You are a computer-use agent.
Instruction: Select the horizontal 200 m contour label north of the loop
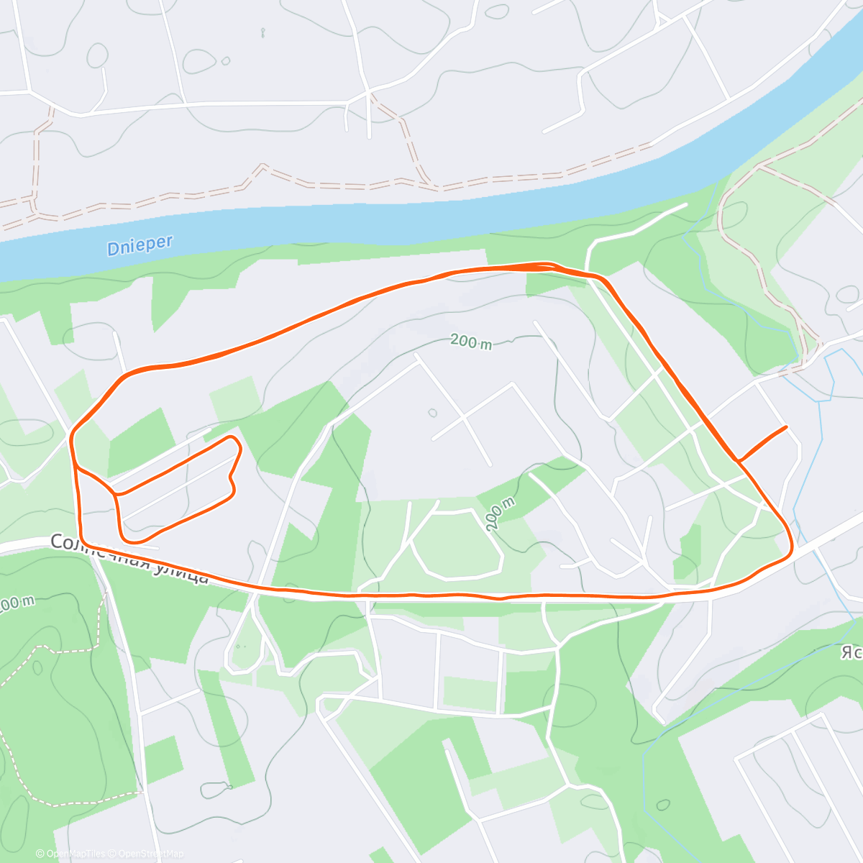coord(471,342)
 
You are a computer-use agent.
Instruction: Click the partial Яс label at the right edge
coord(851,652)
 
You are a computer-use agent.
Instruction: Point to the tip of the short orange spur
coord(786,427)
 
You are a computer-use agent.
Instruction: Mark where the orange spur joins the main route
coord(738,460)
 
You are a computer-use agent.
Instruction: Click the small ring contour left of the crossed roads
coord(431,413)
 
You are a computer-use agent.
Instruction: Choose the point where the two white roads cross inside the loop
coord(464,416)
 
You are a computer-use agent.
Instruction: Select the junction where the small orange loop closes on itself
coord(115,494)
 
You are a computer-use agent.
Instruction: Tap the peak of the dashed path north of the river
coord(262,166)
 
